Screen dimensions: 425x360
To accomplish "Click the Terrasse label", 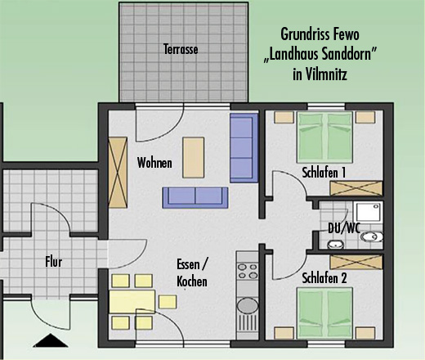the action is pos(181,49).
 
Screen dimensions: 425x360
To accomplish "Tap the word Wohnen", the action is pos(154,163).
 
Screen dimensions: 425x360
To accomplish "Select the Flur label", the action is pos(54,262).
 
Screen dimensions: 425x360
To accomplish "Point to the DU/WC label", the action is pos(344,228).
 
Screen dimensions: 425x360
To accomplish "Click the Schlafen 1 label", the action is pos(324,173).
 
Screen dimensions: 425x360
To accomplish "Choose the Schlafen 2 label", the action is pos(324,278).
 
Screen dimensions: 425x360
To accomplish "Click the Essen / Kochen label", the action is pos(192,273).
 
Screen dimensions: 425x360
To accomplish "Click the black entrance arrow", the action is pos(51,340).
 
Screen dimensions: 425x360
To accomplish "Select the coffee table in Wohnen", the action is pos(194,158).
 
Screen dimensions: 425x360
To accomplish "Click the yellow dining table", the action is pos(132,302).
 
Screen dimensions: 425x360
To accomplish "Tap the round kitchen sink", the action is pos(248,305).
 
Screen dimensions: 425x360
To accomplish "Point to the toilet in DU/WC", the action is pos(372,236).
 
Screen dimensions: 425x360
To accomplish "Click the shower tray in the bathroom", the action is pos(368,212).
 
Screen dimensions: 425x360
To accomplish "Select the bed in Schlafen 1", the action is pos(324,136).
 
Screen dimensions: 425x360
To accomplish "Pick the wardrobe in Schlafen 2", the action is pos(356,262).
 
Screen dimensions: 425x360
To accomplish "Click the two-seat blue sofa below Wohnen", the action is pos(195,198).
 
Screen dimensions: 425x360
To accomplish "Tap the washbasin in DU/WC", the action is pos(335,245).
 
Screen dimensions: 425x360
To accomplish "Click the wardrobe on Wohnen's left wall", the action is pos(118,173).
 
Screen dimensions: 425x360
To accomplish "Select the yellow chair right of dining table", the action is pos(168,302).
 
